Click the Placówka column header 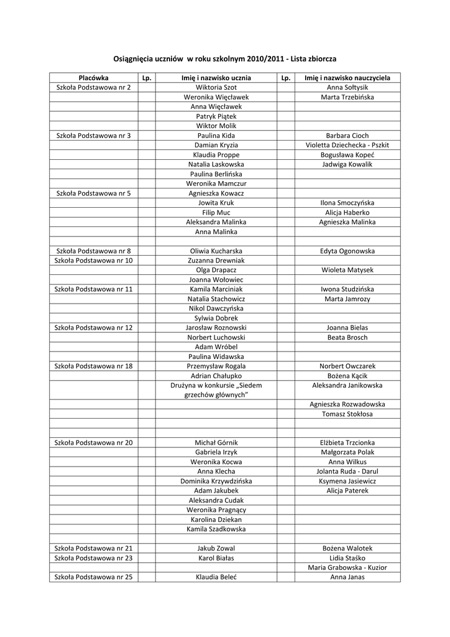tap(94, 78)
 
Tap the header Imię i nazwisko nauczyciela tap(347, 78)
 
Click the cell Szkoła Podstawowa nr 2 tap(94, 88)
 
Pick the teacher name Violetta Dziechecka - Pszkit tap(347, 145)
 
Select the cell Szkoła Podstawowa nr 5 tap(94, 193)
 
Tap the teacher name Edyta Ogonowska tap(347, 251)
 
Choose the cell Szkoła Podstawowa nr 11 tap(94, 289)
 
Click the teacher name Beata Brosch tap(347, 337)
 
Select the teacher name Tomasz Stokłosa tap(347, 414)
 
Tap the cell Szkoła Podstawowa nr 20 tap(94, 442)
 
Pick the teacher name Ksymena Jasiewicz tap(347, 481)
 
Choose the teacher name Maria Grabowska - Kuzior tap(347, 567)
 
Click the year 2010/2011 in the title tap(268, 58)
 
